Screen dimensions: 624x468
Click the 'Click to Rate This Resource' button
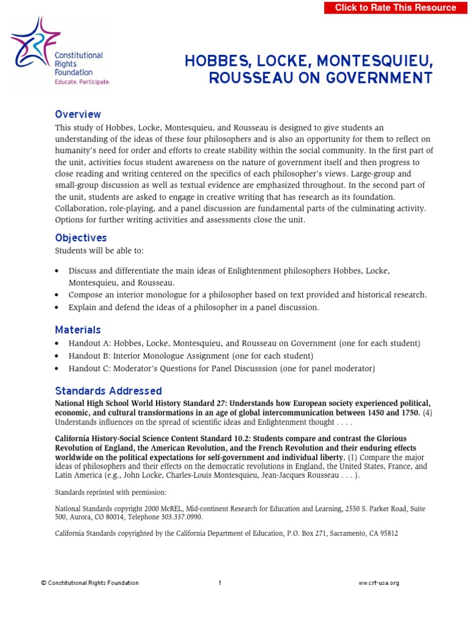click(395, 8)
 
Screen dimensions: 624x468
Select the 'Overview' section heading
click(78, 115)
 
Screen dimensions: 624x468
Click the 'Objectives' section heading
click(80, 238)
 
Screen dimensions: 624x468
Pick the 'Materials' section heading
click(78, 330)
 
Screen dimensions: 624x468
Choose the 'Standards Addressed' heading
click(108, 391)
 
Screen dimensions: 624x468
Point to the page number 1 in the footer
click(220, 583)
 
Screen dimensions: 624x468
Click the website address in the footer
click(378, 583)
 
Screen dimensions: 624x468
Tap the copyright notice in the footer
click(90, 583)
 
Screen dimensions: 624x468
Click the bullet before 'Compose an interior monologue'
click(57, 295)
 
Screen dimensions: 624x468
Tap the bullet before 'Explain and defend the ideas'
click(57, 308)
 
